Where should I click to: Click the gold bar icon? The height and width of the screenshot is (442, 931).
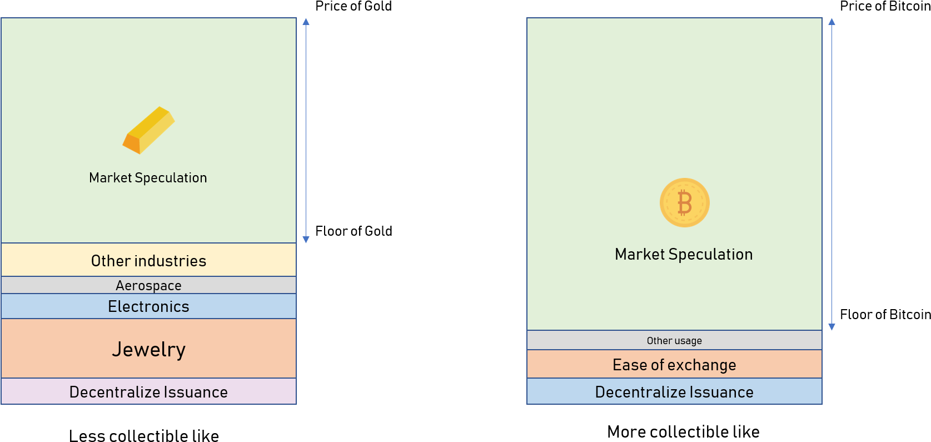tap(148, 130)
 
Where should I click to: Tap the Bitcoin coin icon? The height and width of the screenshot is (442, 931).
tap(684, 202)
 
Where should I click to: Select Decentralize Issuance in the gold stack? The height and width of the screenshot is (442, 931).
tap(148, 392)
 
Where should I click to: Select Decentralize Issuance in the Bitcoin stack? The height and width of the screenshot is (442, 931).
tap(674, 392)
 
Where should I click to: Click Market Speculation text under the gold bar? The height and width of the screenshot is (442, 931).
tap(148, 178)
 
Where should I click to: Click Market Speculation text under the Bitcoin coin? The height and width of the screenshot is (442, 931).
tap(684, 255)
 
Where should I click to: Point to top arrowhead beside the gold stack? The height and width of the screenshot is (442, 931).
tap(306, 22)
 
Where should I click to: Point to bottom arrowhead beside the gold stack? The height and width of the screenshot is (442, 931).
tap(306, 240)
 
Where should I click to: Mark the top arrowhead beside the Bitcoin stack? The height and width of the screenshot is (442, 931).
tap(832, 22)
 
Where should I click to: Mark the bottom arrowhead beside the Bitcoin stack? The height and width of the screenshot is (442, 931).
tap(832, 327)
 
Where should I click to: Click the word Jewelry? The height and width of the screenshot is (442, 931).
tap(148, 350)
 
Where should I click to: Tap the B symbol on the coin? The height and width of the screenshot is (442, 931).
tap(685, 202)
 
